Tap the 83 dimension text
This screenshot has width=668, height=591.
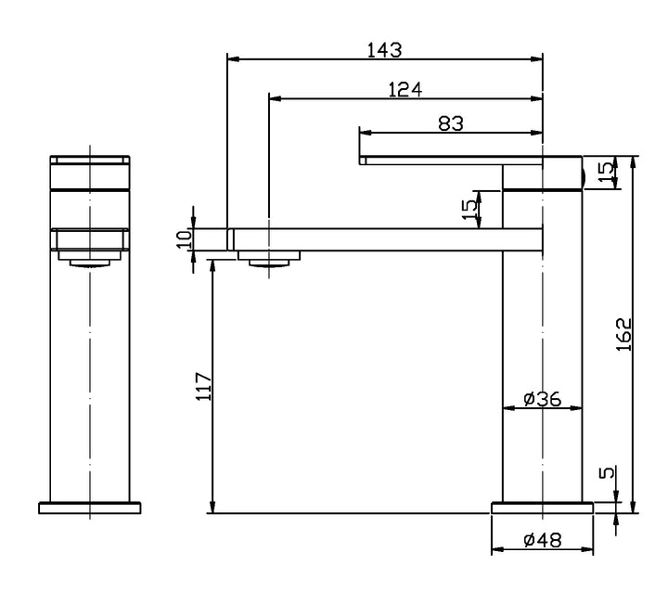pyautogui.click(x=451, y=123)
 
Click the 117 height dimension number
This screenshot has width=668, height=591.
pyautogui.click(x=205, y=385)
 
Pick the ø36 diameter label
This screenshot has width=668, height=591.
pyautogui.click(x=541, y=399)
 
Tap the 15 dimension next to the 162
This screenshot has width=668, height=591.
pyautogui.click(x=605, y=173)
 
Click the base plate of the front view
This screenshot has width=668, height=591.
pyautogui.click(x=89, y=507)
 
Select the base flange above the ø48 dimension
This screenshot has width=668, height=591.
pyautogui.click(x=541, y=507)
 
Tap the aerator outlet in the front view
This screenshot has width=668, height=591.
pyautogui.click(x=89, y=263)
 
